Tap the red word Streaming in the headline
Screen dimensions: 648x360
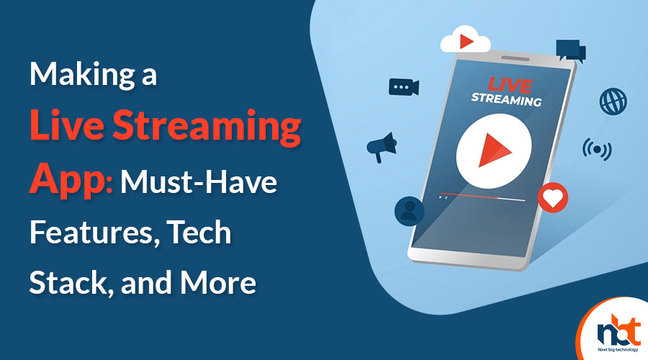pos(207,126)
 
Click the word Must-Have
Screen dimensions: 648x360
pos(199,182)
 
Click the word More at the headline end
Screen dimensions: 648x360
pos(217,283)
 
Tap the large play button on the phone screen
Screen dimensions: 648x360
pos(493,151)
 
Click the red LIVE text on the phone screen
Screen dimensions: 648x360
pos(510,85)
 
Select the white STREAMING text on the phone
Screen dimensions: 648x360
pos(506,99)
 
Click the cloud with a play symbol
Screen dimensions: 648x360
pos(465,40)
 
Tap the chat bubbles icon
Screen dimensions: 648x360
pos(571,51)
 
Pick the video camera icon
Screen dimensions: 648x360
pos(404,87)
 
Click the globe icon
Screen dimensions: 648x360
pos(613,102)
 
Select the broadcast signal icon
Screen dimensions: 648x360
pos(597,150)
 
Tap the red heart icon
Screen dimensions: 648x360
pos(553,197)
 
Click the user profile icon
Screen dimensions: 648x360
pos(409,211)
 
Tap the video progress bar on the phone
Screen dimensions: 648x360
pos(482,197)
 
